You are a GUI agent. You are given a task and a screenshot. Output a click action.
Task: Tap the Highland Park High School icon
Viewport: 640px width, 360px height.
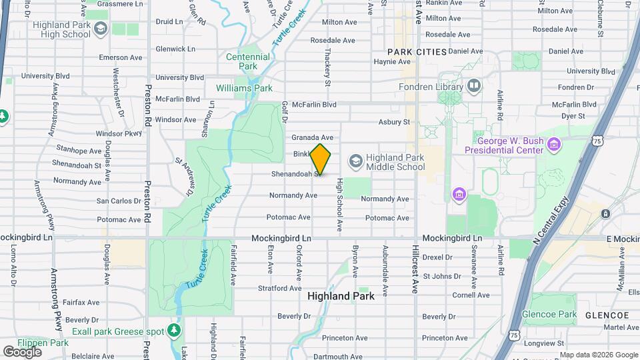(101, 28)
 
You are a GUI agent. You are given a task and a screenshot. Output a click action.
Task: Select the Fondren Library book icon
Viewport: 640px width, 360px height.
(474, 85)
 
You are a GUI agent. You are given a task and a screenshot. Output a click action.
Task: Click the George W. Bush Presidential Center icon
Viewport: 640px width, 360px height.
(553, 143)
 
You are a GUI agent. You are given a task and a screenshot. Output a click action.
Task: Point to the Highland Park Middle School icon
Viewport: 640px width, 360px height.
(355, 161)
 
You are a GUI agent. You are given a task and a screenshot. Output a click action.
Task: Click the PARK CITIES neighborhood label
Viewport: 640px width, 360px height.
(417, 51)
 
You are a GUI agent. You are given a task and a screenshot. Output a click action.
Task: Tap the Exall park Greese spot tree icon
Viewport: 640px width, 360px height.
(174, 329)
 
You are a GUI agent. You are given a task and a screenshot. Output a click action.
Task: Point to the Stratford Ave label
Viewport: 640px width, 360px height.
(280, 289)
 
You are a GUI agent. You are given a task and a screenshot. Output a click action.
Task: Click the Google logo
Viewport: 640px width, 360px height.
(23, 351)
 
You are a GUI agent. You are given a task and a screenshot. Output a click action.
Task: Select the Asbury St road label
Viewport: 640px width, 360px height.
(393, 122)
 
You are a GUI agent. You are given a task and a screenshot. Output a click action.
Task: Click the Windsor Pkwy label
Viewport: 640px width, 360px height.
(119, 133)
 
